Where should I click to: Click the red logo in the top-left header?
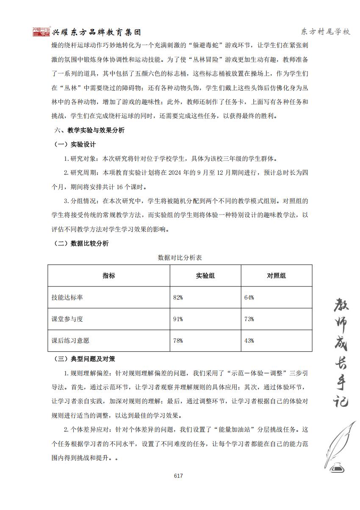(42, 32)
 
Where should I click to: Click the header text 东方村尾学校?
(325, 32)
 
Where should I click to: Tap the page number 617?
(178, 476)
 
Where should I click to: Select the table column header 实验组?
(205, 276)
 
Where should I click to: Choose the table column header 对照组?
(277, 276)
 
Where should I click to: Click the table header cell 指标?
(109, 276)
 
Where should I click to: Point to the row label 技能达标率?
(67, 298)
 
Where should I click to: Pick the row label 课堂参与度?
(67, 319)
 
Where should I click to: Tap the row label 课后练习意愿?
(70, 341)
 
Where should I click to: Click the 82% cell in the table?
(178, 298)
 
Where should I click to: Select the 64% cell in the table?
(249, 298)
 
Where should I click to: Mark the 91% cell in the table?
(178, 319)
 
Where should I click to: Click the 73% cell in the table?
(249, 319)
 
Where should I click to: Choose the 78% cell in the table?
(178, 341)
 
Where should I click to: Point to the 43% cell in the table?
(249, 341)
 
